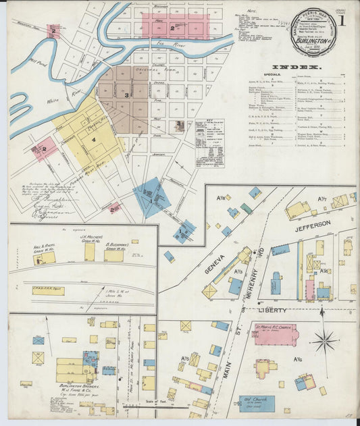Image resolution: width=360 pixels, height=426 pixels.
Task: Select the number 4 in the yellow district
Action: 94,140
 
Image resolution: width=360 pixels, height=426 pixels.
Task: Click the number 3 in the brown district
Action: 126,95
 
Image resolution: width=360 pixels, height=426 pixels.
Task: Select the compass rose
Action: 324,340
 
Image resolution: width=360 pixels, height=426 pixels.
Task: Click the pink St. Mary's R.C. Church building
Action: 274,334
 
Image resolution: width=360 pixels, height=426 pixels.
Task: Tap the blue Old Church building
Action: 257,404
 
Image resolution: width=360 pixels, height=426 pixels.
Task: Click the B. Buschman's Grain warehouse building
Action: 113,255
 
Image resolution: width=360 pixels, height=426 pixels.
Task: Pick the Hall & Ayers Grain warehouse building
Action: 45,258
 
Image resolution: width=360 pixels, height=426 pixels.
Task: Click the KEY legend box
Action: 210,142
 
